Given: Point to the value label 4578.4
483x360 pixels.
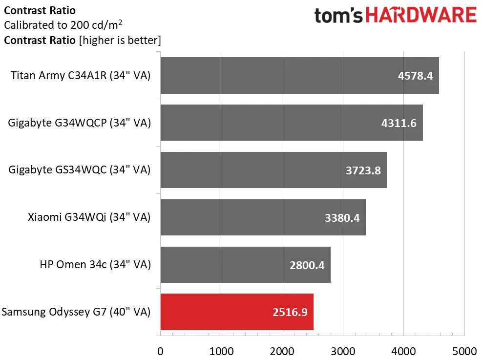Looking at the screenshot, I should click(x=415, y=76).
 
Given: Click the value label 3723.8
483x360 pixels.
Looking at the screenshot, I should click(x=363, y=170).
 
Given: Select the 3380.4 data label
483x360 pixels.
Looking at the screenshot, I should click(x=342, y=218).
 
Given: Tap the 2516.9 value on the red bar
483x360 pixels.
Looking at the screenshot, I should click(x=290, y=312).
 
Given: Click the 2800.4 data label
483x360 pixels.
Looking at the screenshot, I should click(x=307, y=265).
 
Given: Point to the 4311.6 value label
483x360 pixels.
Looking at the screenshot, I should click(x=399, y=123).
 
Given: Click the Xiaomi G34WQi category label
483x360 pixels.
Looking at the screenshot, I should click(x=89, y=217).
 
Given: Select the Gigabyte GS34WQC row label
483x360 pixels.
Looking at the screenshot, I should click(x=80, y=170).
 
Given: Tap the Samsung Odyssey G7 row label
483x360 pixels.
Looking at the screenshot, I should click(x=76, y=312).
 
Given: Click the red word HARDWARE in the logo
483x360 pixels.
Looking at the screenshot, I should click(x=421, y=15).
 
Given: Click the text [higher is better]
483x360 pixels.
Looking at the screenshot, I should click(x=120, y=40).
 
